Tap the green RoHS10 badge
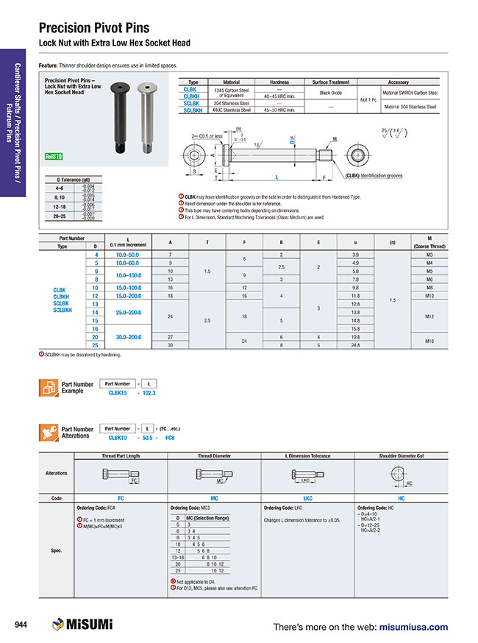click(54, 156)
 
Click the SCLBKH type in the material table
click(193, 110)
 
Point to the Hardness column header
click(279, 82)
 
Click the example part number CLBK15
click(118, 393)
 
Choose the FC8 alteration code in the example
click(169, 438)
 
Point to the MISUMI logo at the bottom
click(82, 625)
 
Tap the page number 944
click(22, 625)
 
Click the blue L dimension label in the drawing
click(277, 177)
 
